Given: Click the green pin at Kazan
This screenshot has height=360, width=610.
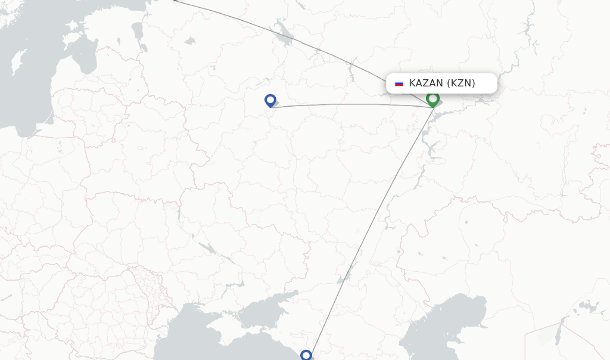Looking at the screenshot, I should tap(432, 100).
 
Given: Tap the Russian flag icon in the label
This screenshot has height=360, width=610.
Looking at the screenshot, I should tap(399, 83).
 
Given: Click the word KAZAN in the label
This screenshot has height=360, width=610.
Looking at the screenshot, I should tap(426, 83).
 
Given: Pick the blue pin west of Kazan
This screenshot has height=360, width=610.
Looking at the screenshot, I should tap(270, 101).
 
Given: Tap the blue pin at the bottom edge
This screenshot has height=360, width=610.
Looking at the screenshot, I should tap(306, 355).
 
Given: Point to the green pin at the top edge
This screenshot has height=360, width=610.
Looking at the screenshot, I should tap(175, 1).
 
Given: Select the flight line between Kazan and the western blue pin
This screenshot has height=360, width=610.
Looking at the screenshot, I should tap(351, 104).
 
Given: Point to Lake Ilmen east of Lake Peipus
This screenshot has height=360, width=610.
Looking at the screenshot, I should tap(190, 41).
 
